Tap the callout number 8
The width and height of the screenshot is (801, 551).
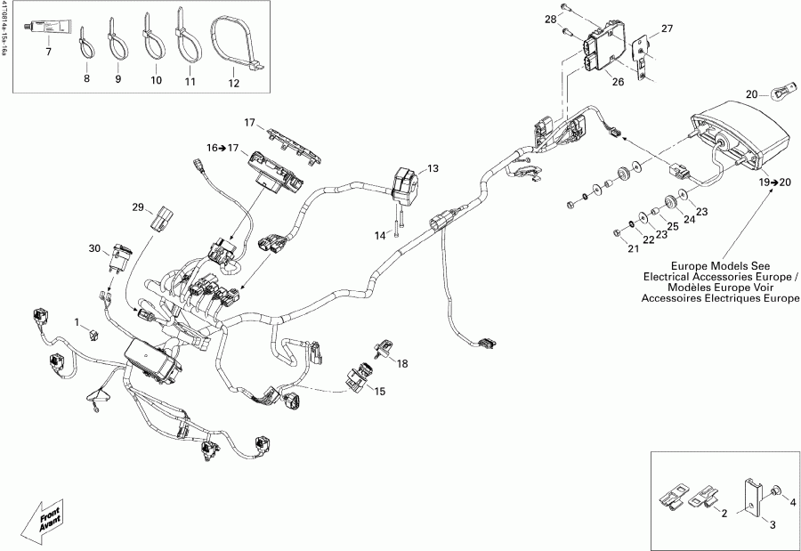tap(87, 79)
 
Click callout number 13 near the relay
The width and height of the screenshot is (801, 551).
tap(433, 168)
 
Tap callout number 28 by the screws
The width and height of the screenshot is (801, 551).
tap(551, 19)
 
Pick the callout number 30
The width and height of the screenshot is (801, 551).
tap(95, 248)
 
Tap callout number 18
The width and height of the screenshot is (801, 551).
tap(402, 363)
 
